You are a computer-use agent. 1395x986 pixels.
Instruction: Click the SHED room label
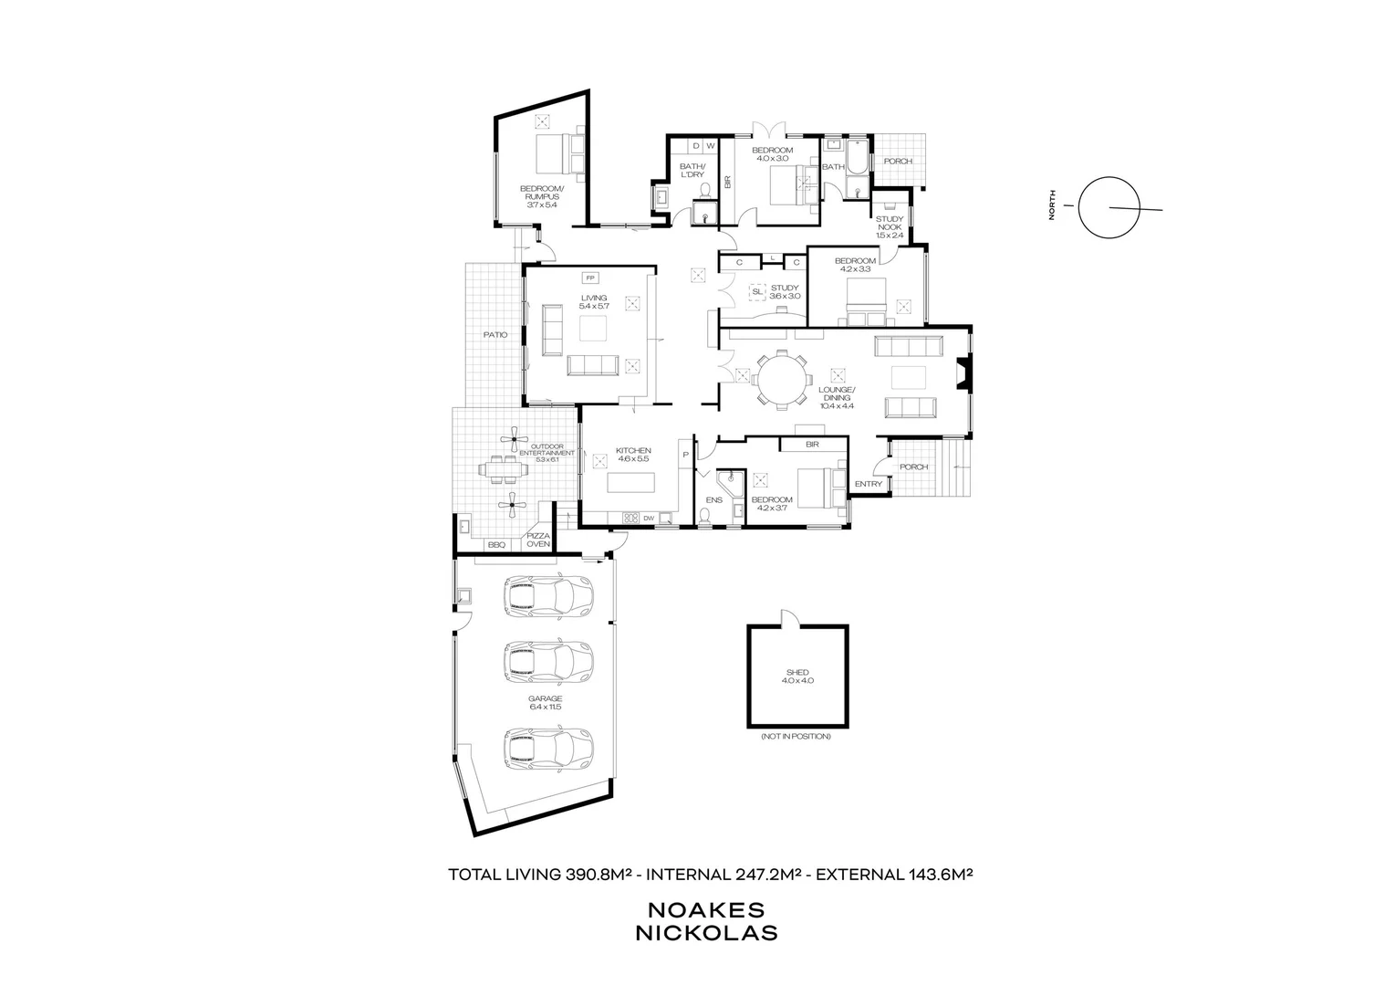tap(796, 677)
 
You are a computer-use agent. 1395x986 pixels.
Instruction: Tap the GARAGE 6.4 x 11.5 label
tap(545, 702)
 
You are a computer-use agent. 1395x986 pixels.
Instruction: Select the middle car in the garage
tap(547, 659)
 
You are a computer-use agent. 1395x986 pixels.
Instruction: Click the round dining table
tap(783, 378)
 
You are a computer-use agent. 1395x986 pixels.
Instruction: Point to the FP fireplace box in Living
tap(590, 278)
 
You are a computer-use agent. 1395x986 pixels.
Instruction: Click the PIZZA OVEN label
tap(538, 540)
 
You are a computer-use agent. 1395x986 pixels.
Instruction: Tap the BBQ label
tap(496, 545)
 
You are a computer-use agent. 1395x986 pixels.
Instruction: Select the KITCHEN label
tap(633, 455)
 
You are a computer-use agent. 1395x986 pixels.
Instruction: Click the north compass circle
tap(1109, 207)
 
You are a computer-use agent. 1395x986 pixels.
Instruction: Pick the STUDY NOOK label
tap(889, 226)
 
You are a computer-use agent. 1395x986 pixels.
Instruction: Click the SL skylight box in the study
tap(757, 292)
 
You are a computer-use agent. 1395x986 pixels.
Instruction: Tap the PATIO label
tap(495, 335)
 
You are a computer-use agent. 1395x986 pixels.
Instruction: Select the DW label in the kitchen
tap(649, 519)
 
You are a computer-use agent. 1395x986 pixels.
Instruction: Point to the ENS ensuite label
tap(714, 500)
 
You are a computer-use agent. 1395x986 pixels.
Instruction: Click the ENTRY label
tap(869, 484)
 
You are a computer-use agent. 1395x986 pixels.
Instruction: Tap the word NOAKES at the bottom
tap(705, 910)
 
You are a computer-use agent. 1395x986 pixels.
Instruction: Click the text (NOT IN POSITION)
tap(796, 736)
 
